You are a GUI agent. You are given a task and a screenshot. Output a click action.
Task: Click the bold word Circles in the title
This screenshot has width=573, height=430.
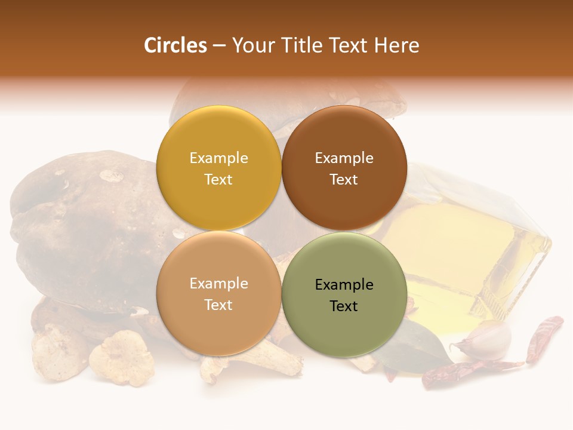point(175,45)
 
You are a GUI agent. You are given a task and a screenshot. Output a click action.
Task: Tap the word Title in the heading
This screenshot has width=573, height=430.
point(301,45)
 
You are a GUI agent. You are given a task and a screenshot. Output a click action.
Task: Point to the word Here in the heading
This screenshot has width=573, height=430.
point(396,45)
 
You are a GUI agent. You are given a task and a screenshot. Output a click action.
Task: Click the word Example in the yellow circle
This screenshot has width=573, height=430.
point(218,158)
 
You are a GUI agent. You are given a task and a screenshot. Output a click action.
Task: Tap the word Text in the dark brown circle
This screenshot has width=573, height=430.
point(344,180)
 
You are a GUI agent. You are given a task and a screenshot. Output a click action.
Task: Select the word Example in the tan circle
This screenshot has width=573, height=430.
point(218,284)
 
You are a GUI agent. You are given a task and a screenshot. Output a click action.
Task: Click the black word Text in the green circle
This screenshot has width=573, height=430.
point(344,306)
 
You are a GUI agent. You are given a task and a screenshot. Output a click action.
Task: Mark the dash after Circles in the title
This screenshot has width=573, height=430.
point(219,45)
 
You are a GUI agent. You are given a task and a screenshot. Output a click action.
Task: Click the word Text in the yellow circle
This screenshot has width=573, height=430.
point(218,180)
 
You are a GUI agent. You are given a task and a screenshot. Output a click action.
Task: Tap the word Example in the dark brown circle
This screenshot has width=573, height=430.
point(344,158)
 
